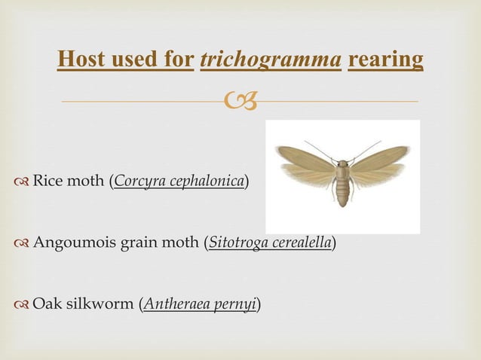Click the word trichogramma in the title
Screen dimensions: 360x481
click(271, 60)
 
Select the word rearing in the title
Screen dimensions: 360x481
click(385, 59)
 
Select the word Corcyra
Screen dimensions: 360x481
click(136, 182)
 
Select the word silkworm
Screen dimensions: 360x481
click(100, 304)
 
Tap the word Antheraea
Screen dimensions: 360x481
click(173, 304)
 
